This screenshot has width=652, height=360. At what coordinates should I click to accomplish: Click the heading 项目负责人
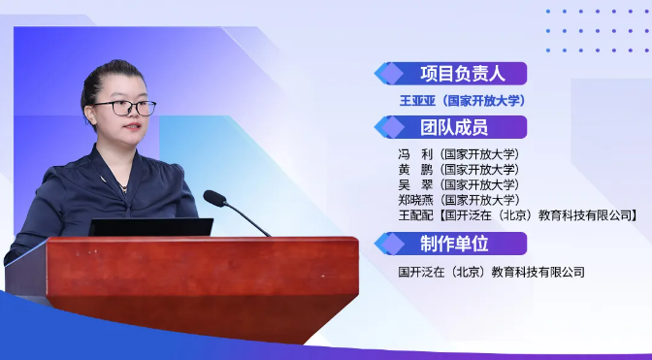(463, 74)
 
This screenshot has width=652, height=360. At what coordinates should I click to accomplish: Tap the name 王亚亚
(417, 101)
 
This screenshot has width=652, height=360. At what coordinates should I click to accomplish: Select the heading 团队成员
(454, 127)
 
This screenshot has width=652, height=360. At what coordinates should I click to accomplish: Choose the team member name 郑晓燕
(415, 200)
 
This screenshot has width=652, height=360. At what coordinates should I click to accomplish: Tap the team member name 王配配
(415, 215)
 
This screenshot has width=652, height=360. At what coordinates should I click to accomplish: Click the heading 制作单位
(454, 244)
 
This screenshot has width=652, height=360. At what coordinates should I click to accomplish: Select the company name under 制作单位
(492, 273)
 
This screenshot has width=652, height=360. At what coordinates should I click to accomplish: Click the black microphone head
(214, 198)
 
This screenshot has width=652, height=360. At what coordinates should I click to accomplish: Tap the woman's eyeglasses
(124, 108)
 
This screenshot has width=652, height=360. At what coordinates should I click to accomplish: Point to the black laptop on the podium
(150, 227)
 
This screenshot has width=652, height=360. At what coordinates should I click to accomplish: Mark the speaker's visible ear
(89, 115)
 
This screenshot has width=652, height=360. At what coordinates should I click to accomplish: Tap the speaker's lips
(133, 126)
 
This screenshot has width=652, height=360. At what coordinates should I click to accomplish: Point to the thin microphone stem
(247, 219)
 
